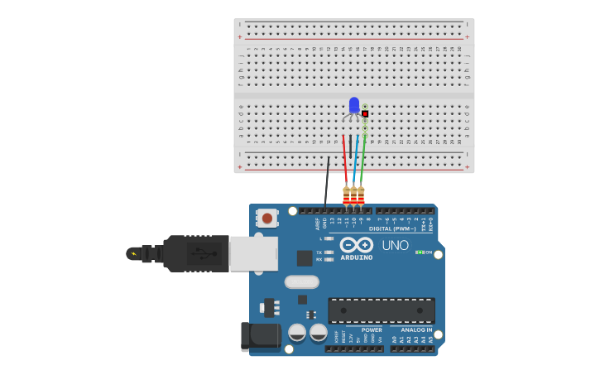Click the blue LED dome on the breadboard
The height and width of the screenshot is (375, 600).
point(354,104)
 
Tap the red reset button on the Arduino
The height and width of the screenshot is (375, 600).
point(266,218)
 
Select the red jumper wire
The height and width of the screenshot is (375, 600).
point(345,161)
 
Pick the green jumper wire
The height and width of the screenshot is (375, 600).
point(362,161)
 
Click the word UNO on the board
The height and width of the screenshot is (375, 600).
point(395,246)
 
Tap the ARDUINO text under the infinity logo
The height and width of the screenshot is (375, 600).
point(356,257)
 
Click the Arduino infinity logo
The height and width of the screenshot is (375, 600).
point(356,245)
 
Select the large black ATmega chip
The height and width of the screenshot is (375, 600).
point(382,310)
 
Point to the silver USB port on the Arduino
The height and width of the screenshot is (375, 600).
point(253,253)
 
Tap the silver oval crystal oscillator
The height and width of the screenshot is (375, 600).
point(302,281)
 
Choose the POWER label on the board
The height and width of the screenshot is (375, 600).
point(372,329)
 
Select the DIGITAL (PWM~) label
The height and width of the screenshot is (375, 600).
point(392,228)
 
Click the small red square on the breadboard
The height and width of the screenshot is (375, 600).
point(365,113)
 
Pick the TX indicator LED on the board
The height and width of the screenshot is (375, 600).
point(329,252)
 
